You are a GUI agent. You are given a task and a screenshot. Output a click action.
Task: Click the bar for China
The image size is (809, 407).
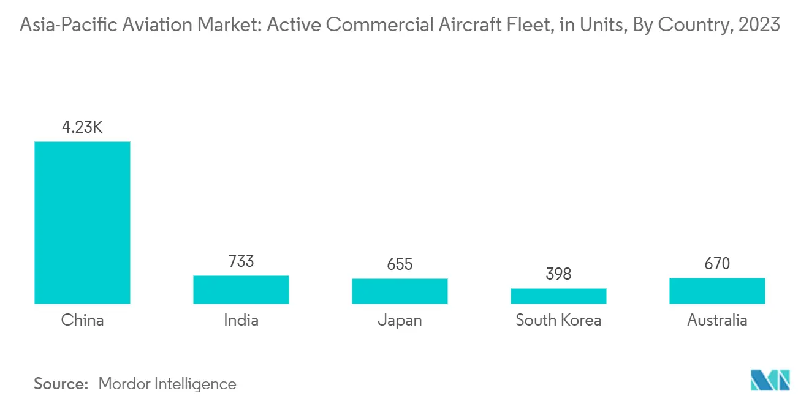[82, 223]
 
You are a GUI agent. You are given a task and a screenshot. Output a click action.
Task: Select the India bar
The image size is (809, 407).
[241, 289]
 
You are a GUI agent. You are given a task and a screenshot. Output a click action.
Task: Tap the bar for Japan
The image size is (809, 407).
[400, 291]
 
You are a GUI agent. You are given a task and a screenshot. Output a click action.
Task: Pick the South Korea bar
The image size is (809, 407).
[558, 296]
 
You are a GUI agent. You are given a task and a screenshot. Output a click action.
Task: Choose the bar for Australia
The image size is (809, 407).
[717, 291]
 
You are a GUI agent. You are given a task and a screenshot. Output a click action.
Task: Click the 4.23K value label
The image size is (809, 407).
[82, 128]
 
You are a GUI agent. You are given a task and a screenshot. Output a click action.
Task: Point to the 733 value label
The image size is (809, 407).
[241, 261]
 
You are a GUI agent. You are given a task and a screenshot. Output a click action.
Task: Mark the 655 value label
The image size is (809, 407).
[400, 264]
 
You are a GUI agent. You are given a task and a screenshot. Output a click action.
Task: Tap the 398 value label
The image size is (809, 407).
[558, 274]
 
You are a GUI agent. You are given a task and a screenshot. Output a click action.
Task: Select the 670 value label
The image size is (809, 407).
[717, 264]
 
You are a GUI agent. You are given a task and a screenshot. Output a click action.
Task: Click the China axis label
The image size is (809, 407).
[82, 320]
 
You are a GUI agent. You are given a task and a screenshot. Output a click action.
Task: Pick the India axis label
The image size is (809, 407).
[241, 320]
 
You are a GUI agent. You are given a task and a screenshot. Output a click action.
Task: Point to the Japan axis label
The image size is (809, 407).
[400, 320]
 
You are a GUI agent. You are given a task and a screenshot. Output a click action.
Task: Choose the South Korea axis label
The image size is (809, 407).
[558, 320]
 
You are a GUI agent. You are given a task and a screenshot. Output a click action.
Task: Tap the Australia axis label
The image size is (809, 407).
[717, 320]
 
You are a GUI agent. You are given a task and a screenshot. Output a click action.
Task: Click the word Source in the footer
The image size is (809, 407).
[61, 384]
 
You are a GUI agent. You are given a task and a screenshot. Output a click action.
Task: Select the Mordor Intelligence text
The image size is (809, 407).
[167, 384]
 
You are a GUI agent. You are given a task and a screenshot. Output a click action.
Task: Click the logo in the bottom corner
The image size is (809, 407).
[770, 380]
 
